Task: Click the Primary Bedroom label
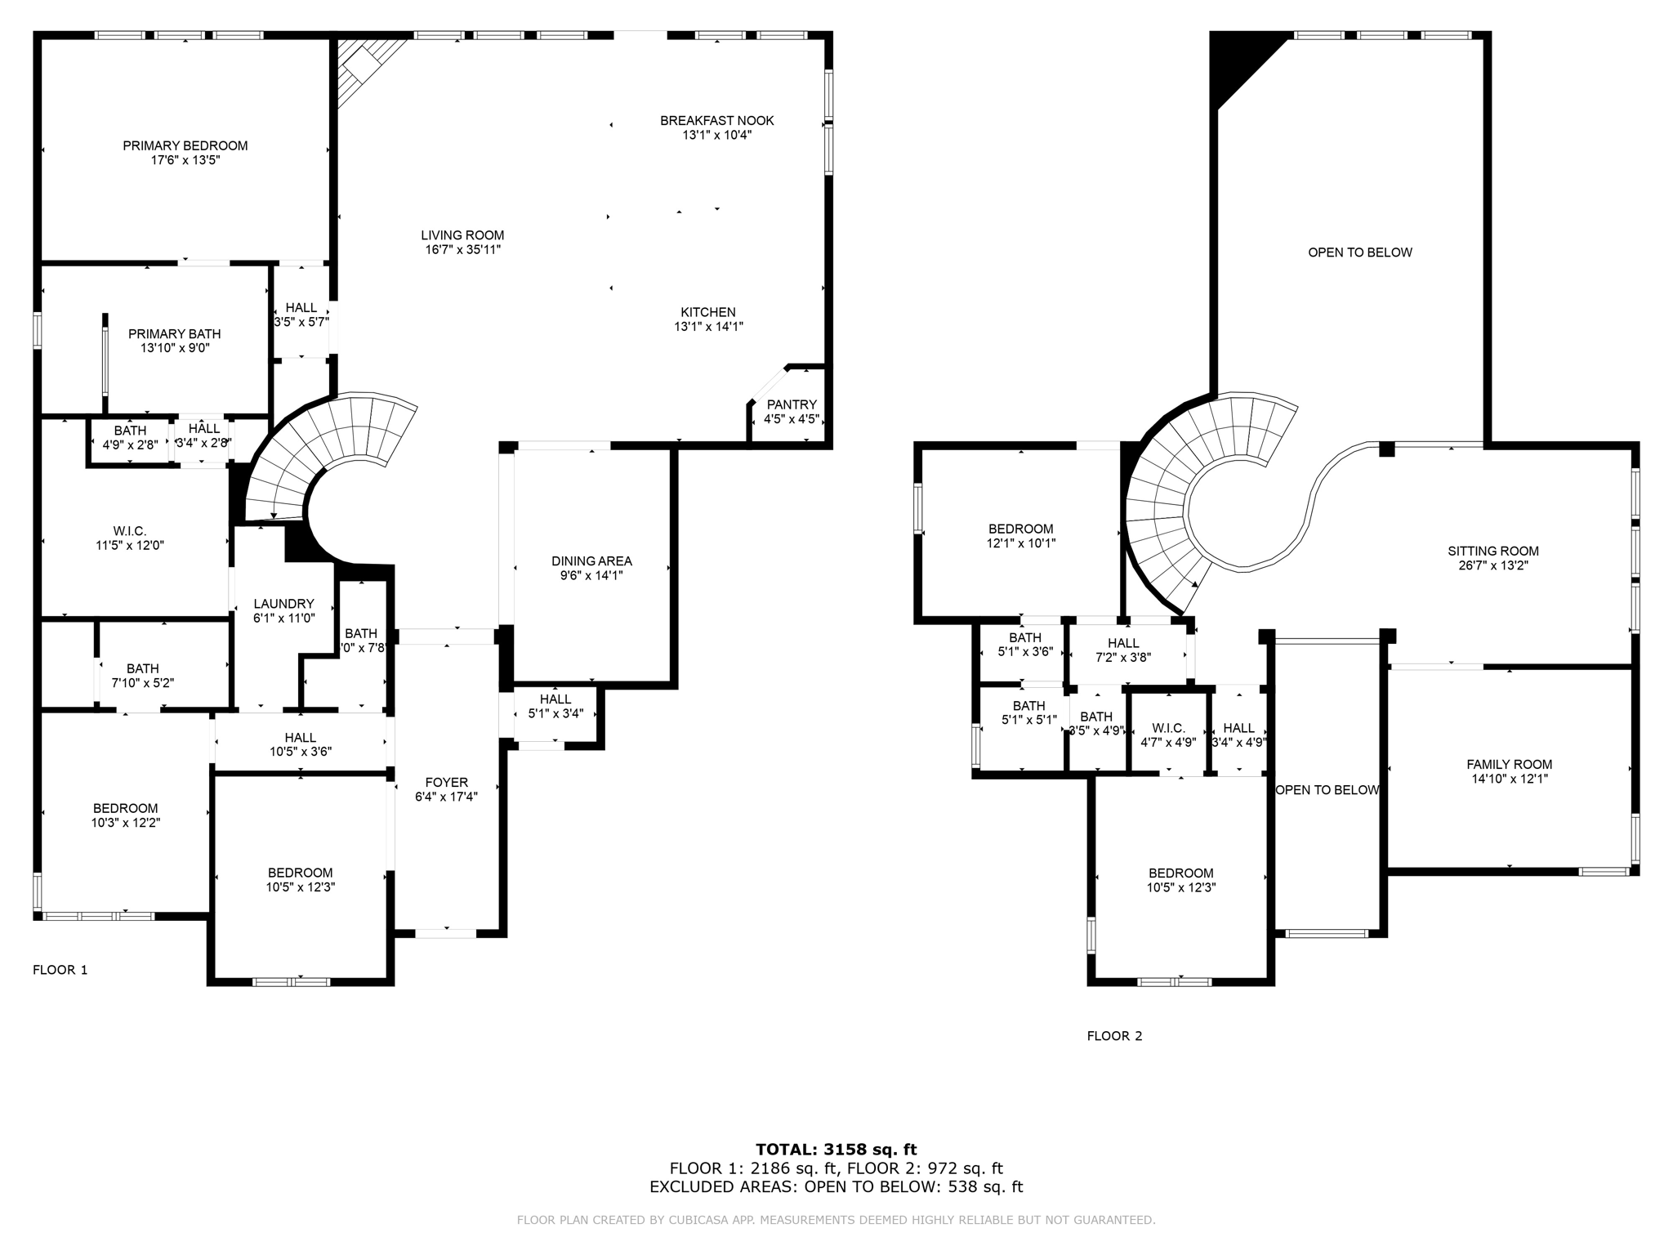click(185, 145)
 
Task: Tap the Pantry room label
click(791, 404)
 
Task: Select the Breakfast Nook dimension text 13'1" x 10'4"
click(716, 135)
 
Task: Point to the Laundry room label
click(283, 604)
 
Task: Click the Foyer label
click(446, 782)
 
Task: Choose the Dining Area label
click(591, 561)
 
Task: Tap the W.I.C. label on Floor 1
click(130, 531)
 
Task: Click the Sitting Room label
click(1492, 551)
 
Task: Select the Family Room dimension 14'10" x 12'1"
click(1509, 779)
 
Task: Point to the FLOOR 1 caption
click(60, 970)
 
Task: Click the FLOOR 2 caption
click(1114, 1036)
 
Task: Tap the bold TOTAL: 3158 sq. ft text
click(836, 1150)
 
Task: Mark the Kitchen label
click(707, 312)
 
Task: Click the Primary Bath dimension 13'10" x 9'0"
click(175, 348)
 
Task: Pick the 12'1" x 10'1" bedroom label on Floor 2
click(1020, 543)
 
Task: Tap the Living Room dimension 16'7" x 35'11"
click(462, 249)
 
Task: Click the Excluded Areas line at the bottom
click(836, 1187)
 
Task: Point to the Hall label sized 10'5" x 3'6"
click(300, 752)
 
